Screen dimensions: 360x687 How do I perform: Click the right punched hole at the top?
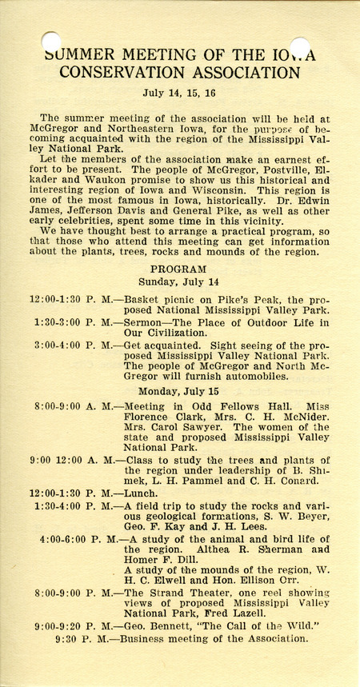299,46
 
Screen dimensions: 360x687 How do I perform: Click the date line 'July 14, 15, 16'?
178,92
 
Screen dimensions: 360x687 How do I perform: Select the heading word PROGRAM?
178,269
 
